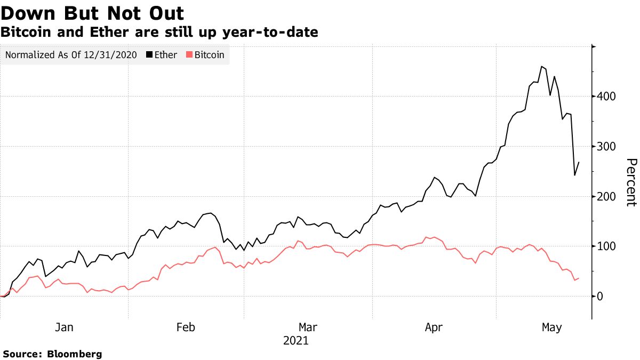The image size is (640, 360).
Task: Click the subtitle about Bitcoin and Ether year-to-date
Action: tap(159, 33)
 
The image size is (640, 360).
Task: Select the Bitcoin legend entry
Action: tap(205, 55)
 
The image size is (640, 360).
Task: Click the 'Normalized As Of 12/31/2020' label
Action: tap(71, 55)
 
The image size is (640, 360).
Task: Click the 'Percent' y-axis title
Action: tap(631, 182)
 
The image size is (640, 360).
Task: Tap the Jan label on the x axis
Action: tap(64, 327)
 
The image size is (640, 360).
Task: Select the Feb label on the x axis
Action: tap(186, 327)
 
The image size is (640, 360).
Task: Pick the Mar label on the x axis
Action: tap(308, 327)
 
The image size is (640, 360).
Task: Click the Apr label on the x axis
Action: tap(433, 327)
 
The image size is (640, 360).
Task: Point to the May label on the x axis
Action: tap(551, 327)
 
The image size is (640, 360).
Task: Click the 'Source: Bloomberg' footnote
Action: tap(52, 354)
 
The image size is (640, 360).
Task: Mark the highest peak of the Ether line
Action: tap(541, 67)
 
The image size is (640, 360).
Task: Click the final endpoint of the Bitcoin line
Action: tap(579, 278)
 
